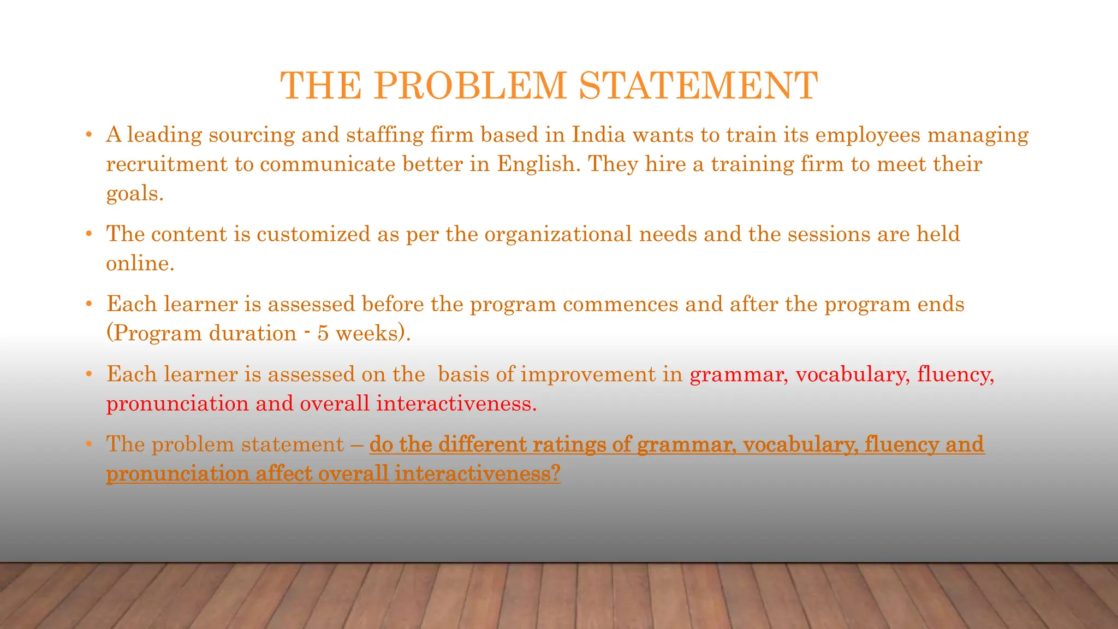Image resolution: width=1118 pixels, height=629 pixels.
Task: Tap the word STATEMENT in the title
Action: coord(698,86)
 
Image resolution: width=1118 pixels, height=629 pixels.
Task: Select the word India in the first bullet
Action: coord(598,134)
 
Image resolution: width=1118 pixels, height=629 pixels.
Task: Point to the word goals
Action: coord(134,193)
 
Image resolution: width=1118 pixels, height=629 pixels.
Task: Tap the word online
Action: coord(140,263)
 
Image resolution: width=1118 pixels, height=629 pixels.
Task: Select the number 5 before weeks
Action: coord(323,333)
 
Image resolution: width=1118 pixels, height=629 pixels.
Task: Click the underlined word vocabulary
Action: coord(800,444)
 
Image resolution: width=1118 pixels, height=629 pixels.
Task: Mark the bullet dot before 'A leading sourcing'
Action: coord(88,135)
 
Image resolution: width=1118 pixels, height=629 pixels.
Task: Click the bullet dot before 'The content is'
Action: coord(88,234)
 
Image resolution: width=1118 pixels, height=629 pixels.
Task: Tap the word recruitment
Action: coord(166,164)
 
